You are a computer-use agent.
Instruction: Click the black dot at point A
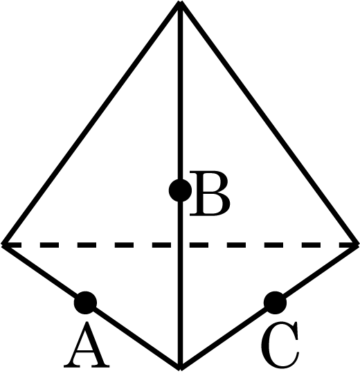(x=85, y=303)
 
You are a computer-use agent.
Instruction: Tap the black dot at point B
(x=181, y=190)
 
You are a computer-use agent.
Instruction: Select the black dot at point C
(x=275, y=303)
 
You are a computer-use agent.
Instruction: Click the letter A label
(x=87, y=345)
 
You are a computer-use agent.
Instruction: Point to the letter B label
(x=210, y=194)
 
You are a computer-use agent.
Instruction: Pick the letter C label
(x=280, y=345)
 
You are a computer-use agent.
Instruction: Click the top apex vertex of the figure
(x=181, y=3)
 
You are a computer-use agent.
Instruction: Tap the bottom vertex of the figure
(x=181, y=368)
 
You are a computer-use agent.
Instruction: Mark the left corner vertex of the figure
(x=3, y=245)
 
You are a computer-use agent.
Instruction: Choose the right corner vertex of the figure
(x=357, y=245)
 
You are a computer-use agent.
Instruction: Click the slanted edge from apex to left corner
(x=91, y=124)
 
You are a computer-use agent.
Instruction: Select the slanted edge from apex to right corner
(x=269, y=124)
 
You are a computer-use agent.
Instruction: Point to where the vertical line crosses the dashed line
(x=181, y=245)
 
